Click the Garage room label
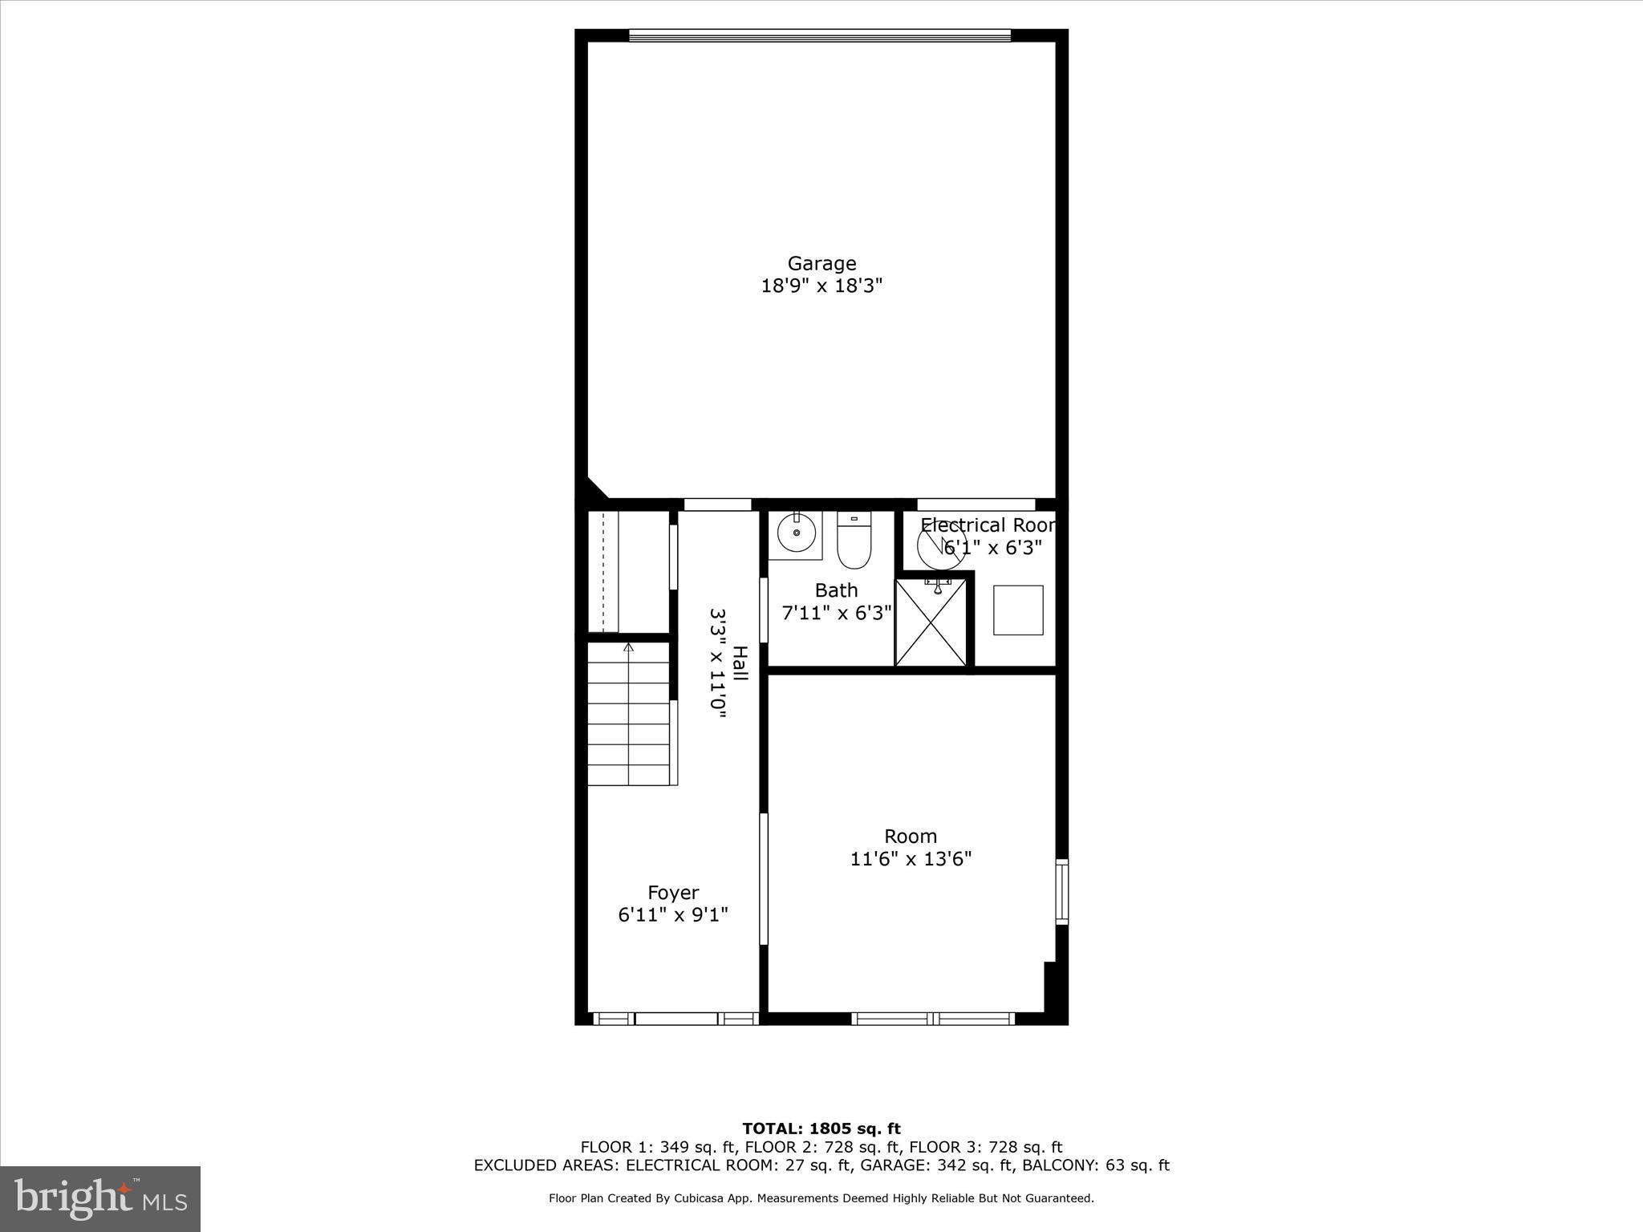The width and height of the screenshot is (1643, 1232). point(821,263)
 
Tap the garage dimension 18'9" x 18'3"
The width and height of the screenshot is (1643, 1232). point(821,286)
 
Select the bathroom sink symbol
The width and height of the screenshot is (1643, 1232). point(796,533)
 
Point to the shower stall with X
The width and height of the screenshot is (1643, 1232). point(931,622)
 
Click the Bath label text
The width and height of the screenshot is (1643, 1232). point(836,590)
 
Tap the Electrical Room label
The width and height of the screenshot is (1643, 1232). point(987,525)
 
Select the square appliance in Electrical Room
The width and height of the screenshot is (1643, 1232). point(1018,610)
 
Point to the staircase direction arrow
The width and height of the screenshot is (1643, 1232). point(628,646)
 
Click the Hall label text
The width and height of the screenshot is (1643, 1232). point(740,663)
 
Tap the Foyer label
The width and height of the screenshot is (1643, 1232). point(673,893)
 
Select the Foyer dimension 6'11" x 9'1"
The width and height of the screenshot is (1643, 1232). point(673,915)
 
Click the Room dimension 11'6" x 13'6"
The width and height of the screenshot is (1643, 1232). point(911,859)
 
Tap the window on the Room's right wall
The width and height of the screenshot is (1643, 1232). point(1061,891)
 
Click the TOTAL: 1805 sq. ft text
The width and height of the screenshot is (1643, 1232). point(821,1129)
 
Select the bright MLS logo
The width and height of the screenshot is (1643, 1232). point(100,1198)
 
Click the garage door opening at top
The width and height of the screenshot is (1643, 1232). point(819,35)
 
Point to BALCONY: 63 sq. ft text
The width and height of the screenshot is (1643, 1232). point(1097,1165)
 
